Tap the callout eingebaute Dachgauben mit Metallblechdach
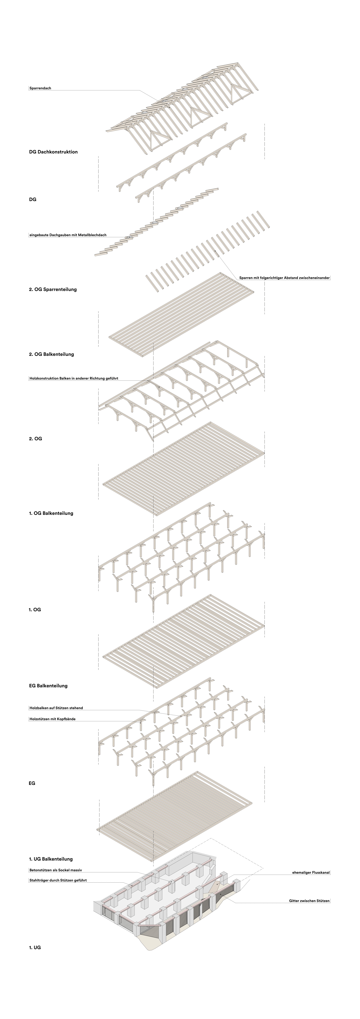click(x=68, y=235)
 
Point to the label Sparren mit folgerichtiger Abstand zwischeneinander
click(x=284, y=278)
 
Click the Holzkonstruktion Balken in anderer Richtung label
click(x=74, y=378)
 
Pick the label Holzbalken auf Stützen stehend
click(x=56, y=708)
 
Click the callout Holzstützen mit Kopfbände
click(x=52, y=719)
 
